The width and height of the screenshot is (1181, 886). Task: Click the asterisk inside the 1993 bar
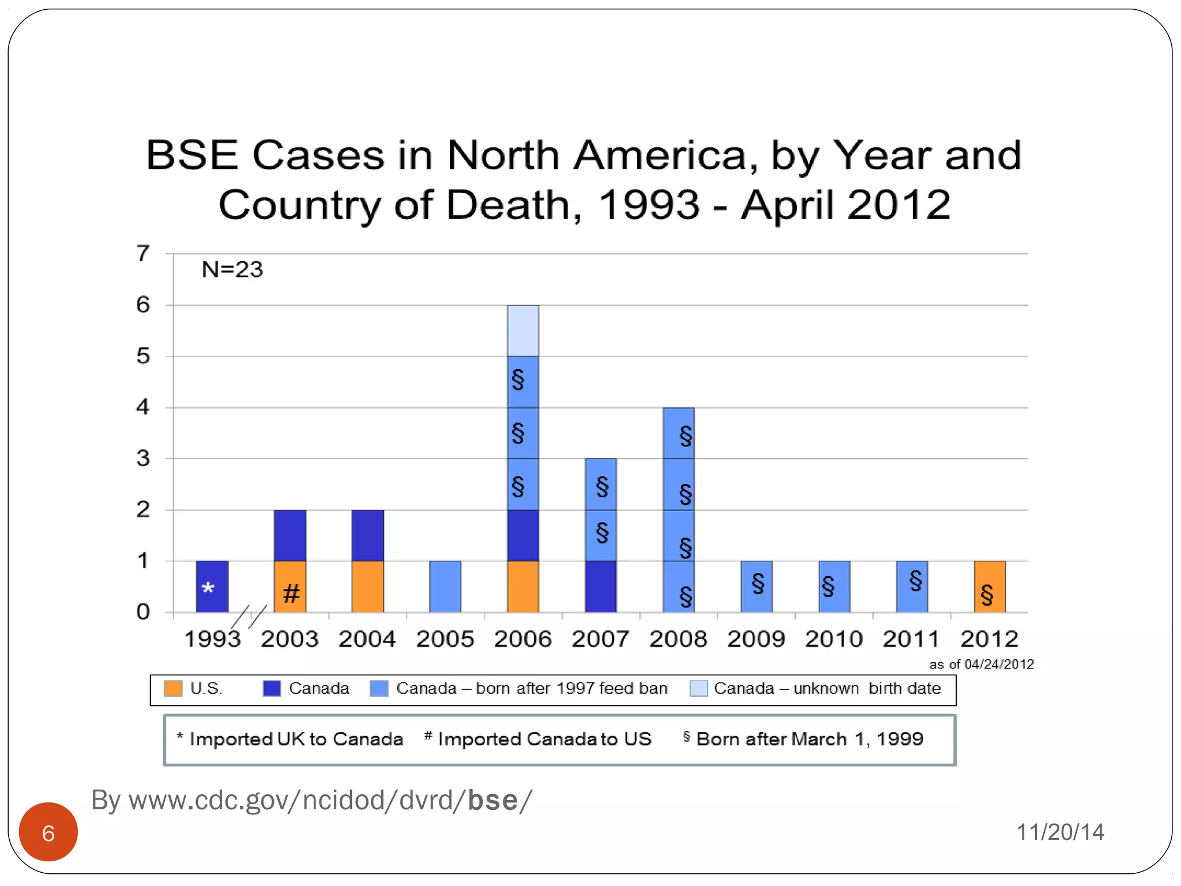[208, 588]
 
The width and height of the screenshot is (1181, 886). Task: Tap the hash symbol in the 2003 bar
[291, 593]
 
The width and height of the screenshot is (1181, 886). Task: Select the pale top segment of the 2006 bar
[523, 331]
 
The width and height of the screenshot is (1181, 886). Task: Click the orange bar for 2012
[990, 586]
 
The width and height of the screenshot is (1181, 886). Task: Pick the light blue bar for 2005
[445, 586]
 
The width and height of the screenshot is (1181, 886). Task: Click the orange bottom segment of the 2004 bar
[367, 586]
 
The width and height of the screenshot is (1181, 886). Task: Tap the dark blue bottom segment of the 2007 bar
[600, 586]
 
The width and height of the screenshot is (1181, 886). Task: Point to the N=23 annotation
[232, 269]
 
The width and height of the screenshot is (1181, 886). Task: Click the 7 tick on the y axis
[142, 253]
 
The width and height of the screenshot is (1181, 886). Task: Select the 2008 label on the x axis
[678, 639]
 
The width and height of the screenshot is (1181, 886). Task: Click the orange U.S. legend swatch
[173, 688]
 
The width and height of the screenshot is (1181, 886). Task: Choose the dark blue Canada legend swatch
[272, 688]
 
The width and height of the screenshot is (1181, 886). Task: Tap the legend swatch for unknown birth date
[698, 688]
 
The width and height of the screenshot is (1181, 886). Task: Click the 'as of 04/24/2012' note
[981, 664]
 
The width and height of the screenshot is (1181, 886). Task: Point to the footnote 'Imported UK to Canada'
[295, 739]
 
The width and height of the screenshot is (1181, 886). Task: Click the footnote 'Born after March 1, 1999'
[809, 739]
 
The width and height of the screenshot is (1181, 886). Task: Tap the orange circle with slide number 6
[48, 832]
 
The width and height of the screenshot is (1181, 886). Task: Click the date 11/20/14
[1060, 832]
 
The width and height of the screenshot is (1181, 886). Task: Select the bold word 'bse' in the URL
[493, 801]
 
